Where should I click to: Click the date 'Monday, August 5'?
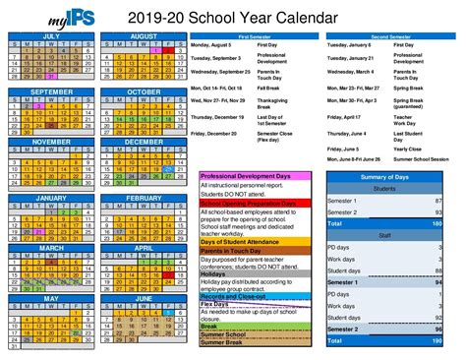tap(213, 45)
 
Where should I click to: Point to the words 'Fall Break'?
tap(272, 87)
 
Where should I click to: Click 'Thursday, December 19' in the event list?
tap(215, 116)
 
